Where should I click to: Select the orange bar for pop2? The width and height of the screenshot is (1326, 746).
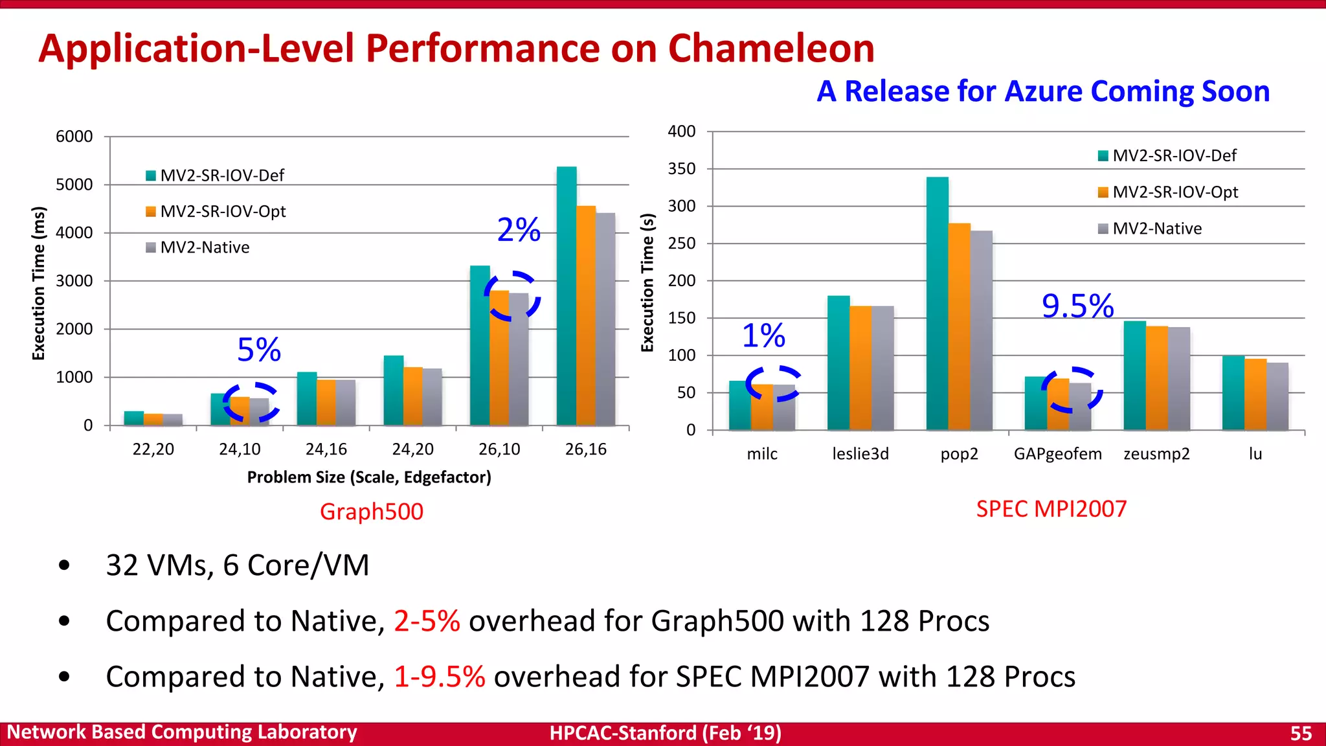959,326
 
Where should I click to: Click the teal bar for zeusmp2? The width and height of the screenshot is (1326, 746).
1134,375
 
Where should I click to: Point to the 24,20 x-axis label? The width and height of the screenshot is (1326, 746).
412,449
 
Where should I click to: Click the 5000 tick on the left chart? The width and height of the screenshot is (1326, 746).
74,185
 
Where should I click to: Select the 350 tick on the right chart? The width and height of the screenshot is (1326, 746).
682,169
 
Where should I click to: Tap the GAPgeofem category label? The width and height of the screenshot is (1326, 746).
1057,454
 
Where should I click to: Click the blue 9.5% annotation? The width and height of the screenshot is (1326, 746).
1077,306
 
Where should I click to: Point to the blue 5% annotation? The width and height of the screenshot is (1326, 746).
259,350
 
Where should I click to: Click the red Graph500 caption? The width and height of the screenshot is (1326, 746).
372,512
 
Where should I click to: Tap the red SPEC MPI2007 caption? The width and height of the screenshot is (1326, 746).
1051,509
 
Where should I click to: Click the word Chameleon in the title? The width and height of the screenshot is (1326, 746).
770,49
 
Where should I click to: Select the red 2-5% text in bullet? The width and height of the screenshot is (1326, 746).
427,621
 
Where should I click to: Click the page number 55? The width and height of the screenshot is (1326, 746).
1301,733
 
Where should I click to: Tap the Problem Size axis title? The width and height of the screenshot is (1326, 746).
369,477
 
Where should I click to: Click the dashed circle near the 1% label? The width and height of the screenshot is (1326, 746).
772,383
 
